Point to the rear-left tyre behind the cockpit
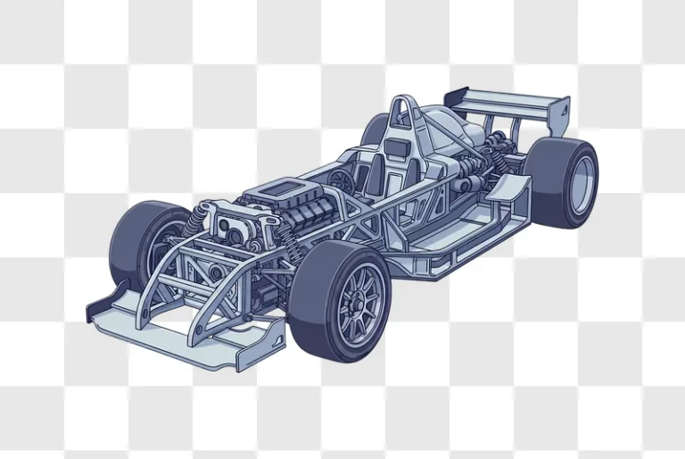tap(376, 130)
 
